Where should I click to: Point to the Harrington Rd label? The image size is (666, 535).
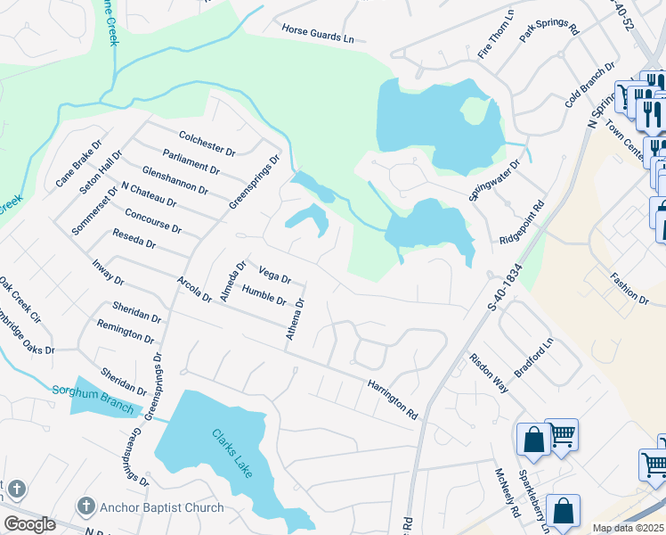point(392,399)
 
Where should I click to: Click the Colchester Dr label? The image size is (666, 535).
point(207,143)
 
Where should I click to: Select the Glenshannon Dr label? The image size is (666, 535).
point(175,178)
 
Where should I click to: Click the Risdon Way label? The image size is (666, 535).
point(489,374)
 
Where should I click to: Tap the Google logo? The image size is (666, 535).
point(29,524)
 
